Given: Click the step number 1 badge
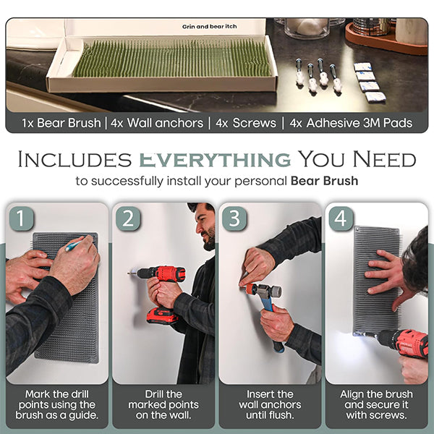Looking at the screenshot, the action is pyautogui.click(x=21, y=218).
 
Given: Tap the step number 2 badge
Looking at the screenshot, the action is pyautogui.click(x=128, y=218).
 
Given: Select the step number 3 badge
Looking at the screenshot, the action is pyautogui.click(x=234, y=218).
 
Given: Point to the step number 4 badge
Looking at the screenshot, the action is pyautogui.click(x=341, y=218).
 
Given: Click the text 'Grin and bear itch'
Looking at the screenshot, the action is pyautogui.click(x=209, y=27).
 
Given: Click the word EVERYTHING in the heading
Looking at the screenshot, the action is pyautogui.click(x=215, y=159).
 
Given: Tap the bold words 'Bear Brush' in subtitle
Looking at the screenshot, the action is pyautogui.click(x=324, y=181).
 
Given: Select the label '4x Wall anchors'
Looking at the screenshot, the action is pyautogui.click(x=157, y=123).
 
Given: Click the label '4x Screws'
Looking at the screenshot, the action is pyautogui.click(x=246, y=123).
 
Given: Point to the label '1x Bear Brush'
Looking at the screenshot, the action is pyautogui.click(x=61, y=123).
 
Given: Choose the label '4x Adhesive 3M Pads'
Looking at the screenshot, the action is pyautogui.click(x=351, y=123).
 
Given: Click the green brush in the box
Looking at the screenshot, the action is pyautogui.click(x=171, y=58).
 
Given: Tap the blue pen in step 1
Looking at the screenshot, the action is pyautogui.click(x=73, y=246).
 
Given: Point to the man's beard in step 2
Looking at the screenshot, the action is pyautogui.click(x=210, y=238).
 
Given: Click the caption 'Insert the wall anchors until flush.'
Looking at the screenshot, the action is pyautogui.click(x=270, y=404).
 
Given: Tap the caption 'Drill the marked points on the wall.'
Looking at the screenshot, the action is pyautogui.click(x=163, y=404).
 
